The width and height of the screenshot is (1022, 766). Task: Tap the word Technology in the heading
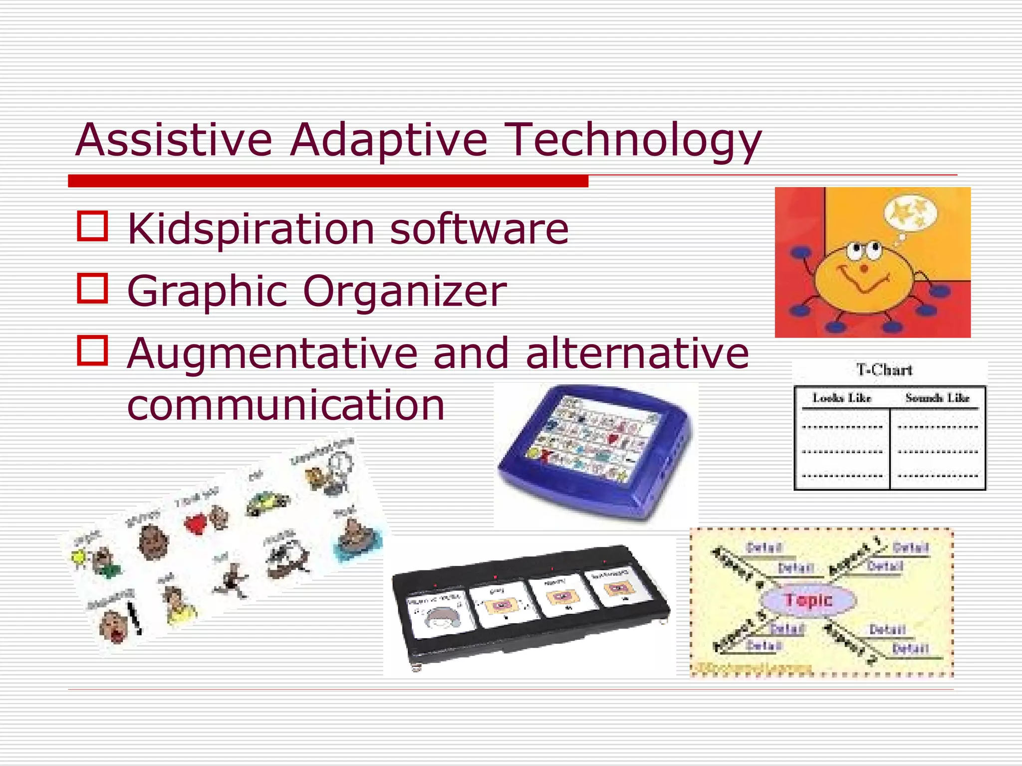point(633,141)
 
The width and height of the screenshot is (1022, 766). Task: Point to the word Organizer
point(405,291)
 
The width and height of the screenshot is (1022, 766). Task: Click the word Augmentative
point(272,353)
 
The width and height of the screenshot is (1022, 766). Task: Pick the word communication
point(285,404)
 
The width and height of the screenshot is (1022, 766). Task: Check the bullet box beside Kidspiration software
point(92,226)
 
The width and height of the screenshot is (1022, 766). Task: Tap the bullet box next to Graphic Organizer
point(92,288)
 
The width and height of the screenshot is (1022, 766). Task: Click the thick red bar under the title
point(328,181)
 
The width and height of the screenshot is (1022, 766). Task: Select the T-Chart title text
point(884,370)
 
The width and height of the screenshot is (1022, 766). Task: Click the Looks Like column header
point(842,398)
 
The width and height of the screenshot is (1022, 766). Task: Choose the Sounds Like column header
point(937,398)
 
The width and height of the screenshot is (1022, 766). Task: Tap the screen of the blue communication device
point(594,439)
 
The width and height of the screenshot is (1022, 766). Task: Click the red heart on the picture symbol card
point(196,524)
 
